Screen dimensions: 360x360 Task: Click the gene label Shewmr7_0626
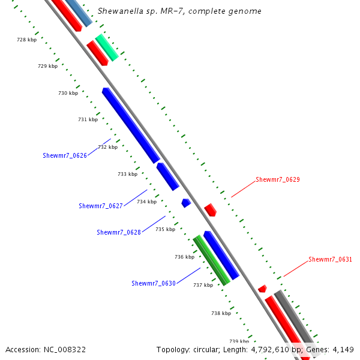[65, 155]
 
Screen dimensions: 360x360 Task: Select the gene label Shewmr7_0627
[101, 206]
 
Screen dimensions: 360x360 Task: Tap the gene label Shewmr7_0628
[119, 232]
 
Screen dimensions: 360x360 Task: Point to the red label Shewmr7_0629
[278, 179]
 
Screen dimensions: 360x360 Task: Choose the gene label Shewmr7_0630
[154, 283]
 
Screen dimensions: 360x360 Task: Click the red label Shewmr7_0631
[331, 260]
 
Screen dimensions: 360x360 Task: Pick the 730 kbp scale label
[68, 93]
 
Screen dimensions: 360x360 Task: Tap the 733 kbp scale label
[127, 174]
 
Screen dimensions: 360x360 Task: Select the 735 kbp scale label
[165, 229]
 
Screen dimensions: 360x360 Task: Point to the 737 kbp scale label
[203, 285]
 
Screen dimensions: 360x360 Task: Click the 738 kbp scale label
[221, 313]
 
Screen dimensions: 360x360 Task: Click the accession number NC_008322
[63, 350]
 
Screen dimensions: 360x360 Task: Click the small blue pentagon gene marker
[186, 203]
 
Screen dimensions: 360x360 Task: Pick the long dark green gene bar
[211, 260]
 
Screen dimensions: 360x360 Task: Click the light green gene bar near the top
[107, 47]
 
